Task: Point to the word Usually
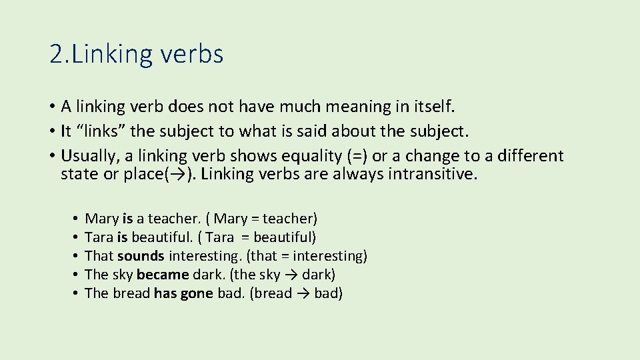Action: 87,156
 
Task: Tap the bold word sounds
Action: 141,256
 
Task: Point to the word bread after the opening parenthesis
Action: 272,293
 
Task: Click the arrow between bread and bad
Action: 302,293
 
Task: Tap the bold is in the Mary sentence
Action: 128,219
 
